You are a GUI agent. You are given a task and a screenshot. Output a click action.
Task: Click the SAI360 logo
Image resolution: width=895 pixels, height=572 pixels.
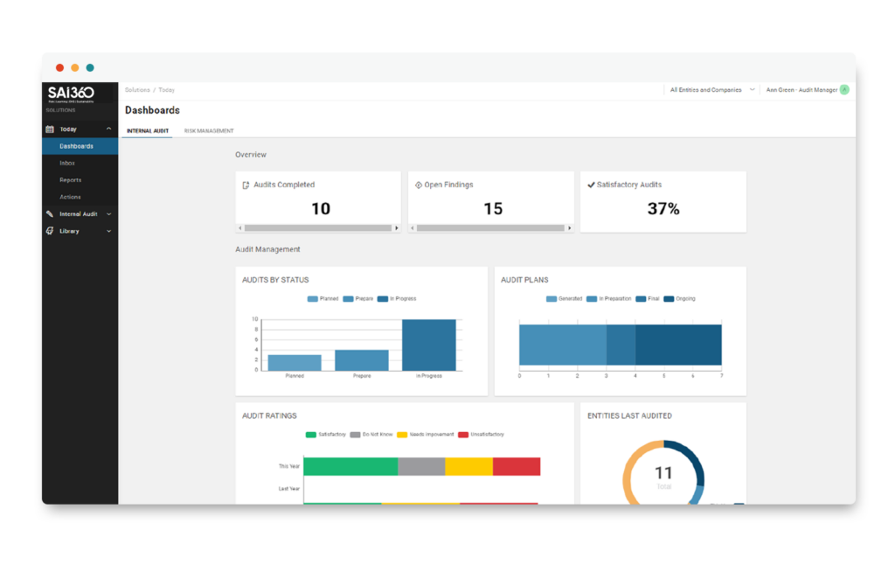pos(71,93)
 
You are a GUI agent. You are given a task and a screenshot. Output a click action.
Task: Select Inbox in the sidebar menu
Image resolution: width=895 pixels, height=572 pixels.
pos(67,163)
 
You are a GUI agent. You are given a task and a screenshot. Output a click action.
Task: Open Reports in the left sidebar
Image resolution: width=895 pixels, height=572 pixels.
pos(70,180)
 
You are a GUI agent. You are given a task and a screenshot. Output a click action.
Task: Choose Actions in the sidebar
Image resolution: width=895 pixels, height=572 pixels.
pos(70,197)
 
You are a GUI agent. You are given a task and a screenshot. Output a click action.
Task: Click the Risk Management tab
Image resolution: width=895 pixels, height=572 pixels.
pos(209,131)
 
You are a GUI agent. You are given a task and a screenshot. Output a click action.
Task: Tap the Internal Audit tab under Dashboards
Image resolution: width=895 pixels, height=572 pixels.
pos(148,131)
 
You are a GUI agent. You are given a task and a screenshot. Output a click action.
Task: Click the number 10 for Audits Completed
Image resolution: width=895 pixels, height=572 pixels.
pos(321,208)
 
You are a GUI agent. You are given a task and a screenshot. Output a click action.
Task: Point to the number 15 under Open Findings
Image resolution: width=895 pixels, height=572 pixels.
pos(493,208)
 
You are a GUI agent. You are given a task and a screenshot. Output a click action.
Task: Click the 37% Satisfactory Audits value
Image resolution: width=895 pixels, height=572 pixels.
pos(663,208)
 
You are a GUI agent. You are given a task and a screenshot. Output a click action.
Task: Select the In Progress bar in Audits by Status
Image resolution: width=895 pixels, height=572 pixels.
pos(428,345)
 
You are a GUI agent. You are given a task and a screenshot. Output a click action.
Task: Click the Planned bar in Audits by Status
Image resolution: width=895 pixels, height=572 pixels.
pos(294,361)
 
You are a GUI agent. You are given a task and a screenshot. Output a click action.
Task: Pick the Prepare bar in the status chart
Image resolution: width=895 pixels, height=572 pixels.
pos(361,359)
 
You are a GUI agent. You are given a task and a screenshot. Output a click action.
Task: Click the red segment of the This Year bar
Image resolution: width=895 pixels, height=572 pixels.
pos(516,466)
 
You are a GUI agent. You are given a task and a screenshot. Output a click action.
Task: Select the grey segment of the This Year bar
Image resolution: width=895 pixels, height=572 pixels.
pos(421,466)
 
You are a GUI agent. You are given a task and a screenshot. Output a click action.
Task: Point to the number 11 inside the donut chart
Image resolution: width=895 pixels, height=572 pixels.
pos(663,473)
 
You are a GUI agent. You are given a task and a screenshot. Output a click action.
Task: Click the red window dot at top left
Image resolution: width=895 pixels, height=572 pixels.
pos(59,67)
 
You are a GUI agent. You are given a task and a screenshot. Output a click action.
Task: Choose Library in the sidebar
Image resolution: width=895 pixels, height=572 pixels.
pos(69,231)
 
